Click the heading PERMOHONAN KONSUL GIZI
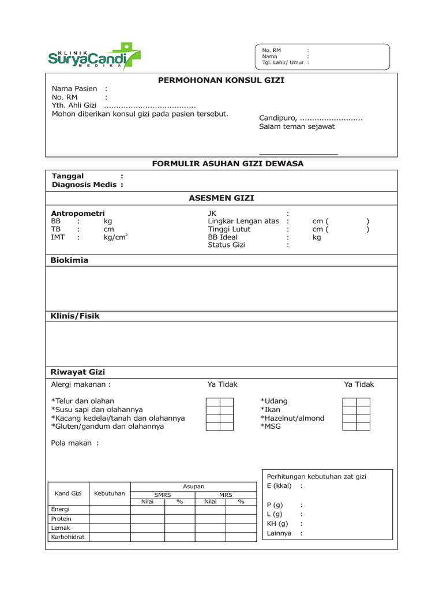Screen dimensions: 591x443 click(x=221, y=80)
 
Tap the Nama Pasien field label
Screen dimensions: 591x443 click(x=75, y=89)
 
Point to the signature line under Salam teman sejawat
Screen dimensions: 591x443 click(x=298, y=154)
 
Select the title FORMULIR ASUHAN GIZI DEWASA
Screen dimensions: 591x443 click(x=227, y=164)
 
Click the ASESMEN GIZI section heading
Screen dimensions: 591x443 click(x=221, y=198)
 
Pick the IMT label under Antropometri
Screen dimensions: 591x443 click(x=58, y=237)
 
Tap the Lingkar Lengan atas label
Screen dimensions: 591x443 click(x=243, y=221)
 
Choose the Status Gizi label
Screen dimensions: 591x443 click(x=227, y=245)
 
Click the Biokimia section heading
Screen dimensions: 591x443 click(x=70, y=260)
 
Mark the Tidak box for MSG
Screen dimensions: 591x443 click(x=363, y=427)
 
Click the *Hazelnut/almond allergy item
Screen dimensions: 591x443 click(x=292, y=418)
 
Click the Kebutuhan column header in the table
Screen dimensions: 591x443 click(x=110, y=493)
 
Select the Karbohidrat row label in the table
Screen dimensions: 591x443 click(x=68, y=537)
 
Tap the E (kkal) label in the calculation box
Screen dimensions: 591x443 click(x=279, y=486)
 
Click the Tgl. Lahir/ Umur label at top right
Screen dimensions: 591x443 click(x=283, y=62)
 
